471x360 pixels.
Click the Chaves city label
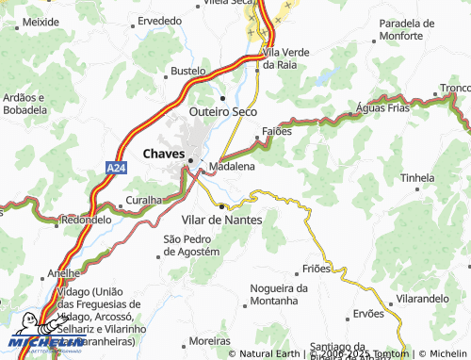[163, 153]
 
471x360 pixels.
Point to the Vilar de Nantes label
[228, 218]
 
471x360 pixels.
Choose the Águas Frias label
[383, 108]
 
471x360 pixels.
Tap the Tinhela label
[417, 177]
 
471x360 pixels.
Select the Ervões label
[368, 314]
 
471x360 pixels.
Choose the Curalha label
[144, 201]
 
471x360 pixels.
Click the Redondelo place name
[85, 219]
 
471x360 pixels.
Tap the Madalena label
[232, 166]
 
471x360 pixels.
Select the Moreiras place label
[209, 340]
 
